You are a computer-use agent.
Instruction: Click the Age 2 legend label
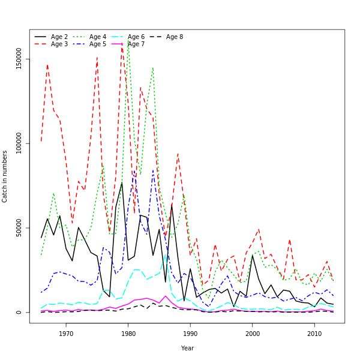coord(59,37)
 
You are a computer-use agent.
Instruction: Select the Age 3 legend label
coord(59,44)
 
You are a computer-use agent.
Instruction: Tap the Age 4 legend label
coord(98,37)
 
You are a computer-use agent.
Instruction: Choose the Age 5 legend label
coord(98,44)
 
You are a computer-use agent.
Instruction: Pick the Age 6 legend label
coord(136,37)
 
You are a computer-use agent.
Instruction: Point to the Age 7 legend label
coord(136,44)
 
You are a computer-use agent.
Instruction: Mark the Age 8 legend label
coord(175,37)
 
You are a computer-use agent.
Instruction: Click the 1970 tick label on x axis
coord(66,334)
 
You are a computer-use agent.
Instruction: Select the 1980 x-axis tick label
coord(128,334)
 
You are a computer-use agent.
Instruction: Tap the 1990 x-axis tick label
coord(190,334)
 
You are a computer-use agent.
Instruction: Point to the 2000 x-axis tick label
coord(253,334)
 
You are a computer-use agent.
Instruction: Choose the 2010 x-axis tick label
coord(314,334)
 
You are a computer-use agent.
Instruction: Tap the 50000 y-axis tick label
coord(19,228)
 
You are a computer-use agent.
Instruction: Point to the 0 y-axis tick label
coord(19,312)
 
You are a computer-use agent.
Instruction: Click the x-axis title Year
coord(187,348)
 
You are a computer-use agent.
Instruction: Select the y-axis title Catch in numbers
coord(5,176)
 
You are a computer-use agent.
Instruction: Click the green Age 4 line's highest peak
coord(128,41)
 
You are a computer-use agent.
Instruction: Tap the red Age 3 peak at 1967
coord(47,65)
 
